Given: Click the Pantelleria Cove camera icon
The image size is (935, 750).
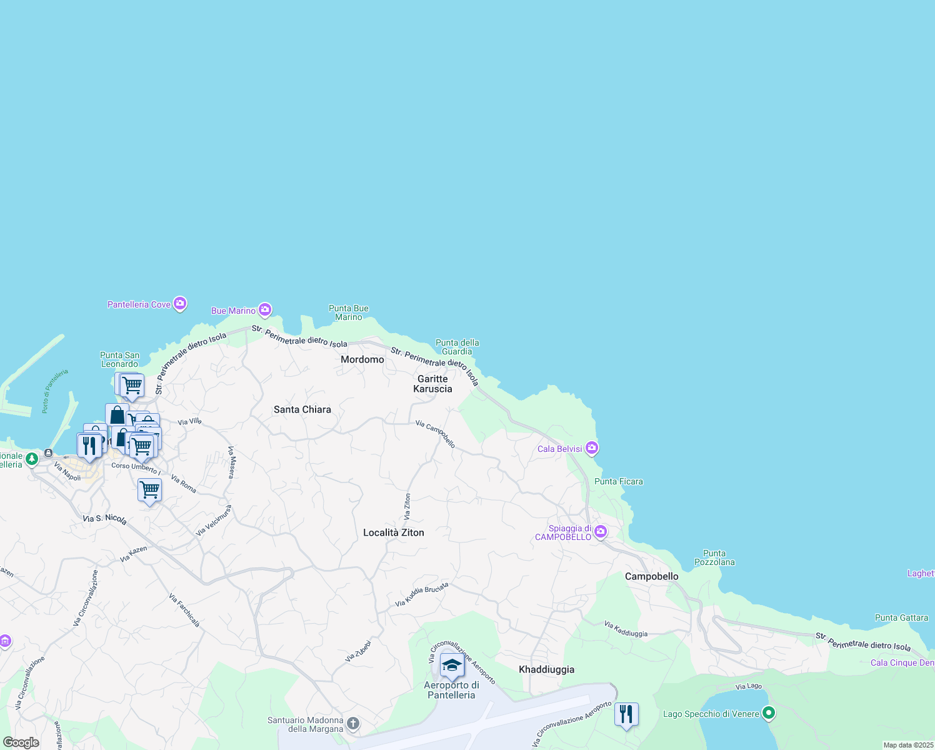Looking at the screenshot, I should click(180, 304).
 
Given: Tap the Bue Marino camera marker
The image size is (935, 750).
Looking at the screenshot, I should click(265, 310).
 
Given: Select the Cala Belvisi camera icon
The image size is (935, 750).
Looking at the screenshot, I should click(592, 448).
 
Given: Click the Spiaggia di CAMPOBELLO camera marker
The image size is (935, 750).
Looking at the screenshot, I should click(601, 532).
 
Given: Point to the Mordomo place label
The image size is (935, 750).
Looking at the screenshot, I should click(362, 359).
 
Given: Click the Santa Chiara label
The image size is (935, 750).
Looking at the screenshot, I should click(302, 409).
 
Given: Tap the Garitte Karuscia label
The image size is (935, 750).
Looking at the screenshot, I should click(432, 384).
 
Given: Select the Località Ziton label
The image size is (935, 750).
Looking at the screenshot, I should click(394, 532).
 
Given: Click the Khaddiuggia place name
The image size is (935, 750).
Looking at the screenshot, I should click(546, 669).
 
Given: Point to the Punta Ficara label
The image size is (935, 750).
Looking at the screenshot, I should click(619, 481).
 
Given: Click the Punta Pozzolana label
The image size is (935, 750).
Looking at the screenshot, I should click(714, 557).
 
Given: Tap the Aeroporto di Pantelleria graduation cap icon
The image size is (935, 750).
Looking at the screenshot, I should click(451, 666).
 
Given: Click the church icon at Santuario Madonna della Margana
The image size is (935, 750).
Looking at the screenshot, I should click(353, 724).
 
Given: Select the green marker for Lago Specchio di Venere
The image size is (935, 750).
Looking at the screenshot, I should click(769, 713).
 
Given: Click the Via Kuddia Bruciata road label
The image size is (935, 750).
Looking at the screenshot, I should click(422, 595).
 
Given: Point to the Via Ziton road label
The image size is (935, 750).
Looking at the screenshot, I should click(407, 507).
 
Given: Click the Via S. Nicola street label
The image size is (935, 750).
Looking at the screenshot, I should click(105, 519).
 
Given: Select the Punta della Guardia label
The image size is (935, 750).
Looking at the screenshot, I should click(457, 347).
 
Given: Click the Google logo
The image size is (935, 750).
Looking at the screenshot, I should click(21, 742).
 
